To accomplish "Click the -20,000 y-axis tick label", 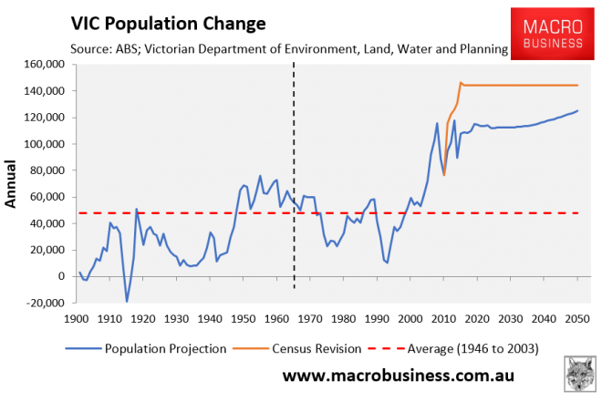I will point(40,303).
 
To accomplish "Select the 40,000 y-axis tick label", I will point(42,223).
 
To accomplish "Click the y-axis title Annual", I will point(14,186).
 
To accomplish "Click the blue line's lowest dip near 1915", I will point(127,301).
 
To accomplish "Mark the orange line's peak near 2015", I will point(461,82).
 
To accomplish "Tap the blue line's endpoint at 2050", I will point(576,111).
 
